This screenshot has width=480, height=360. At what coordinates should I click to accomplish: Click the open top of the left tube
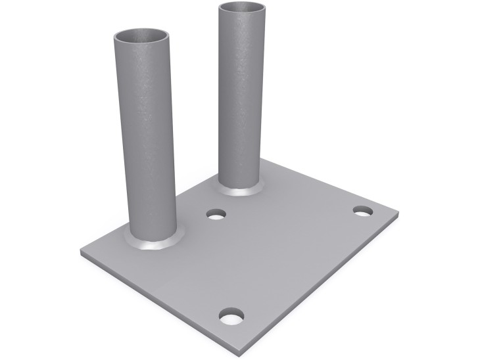click(141, 35)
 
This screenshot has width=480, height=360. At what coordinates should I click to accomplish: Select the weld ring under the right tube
click(241, 189)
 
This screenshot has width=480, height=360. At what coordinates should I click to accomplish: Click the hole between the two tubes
click(215, 214)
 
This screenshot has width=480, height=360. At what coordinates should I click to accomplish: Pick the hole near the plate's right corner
click(362, 211)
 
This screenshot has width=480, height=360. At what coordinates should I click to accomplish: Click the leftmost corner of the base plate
click(82, 252)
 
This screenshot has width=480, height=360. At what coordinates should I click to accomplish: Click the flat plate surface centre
click(263, 256)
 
